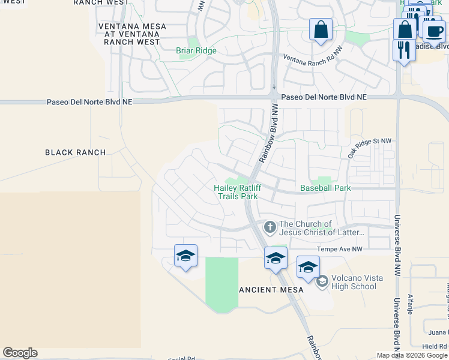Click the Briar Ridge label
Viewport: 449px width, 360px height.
(x=196, y=51)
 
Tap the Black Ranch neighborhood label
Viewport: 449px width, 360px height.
(x=76, y=152)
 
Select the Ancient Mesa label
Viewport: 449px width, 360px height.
(x=271, y=289)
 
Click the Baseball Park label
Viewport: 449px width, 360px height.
(x=325, y=188)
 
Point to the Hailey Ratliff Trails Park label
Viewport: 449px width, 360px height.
(x=237, y=192)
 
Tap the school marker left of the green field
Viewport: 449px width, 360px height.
(x=185, y=256)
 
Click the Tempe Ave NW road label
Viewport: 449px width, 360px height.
(x=340, y=249)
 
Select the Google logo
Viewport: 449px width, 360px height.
(x=20, y=353)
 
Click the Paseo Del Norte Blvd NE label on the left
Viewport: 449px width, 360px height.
(x=89, y=103)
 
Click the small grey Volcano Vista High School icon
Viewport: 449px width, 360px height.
(x=322, y=280)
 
